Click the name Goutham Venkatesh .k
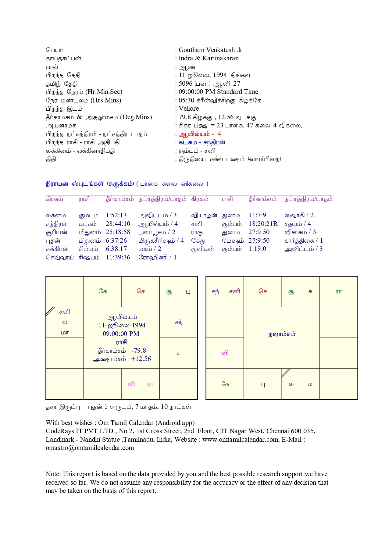[x=210, y=50]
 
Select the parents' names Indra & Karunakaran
[x=209, y=58]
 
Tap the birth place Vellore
[x=188, y=109]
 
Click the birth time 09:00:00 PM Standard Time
[x=218, y=92]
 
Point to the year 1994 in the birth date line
[x=220, y=75]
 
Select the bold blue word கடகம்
[x=188, y=142]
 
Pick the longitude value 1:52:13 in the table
[x=116, y=215]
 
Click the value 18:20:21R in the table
[x=263, y=224]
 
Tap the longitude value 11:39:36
[x=118, y=257]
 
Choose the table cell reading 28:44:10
[x=118, y=224]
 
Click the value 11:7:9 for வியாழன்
[x=257, y=215]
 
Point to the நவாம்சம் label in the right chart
[x=282, y=334]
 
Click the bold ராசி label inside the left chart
[x=122, y=342]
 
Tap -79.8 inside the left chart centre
[x=139, y=351]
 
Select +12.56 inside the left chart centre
[x=141, y=359]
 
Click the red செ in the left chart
[x=141, y=291]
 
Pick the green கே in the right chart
[x=225, y=384]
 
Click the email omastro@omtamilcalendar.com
[x=90, y=448]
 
